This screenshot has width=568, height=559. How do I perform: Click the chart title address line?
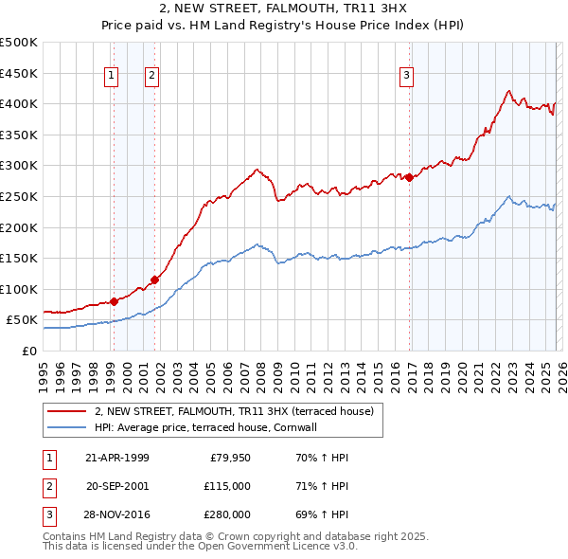click(283, 9)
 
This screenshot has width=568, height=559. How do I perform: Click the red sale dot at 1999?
click(114, 301)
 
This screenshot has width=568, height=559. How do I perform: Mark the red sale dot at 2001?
click(153, 279)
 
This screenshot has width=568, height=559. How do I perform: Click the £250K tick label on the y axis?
click(19, 196)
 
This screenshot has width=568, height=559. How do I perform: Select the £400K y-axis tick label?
click(19, 103)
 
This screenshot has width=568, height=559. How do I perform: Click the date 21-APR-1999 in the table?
click(117, 458)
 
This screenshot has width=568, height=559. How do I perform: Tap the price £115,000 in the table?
click(226, 486)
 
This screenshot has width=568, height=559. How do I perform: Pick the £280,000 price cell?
click(226, 514)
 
